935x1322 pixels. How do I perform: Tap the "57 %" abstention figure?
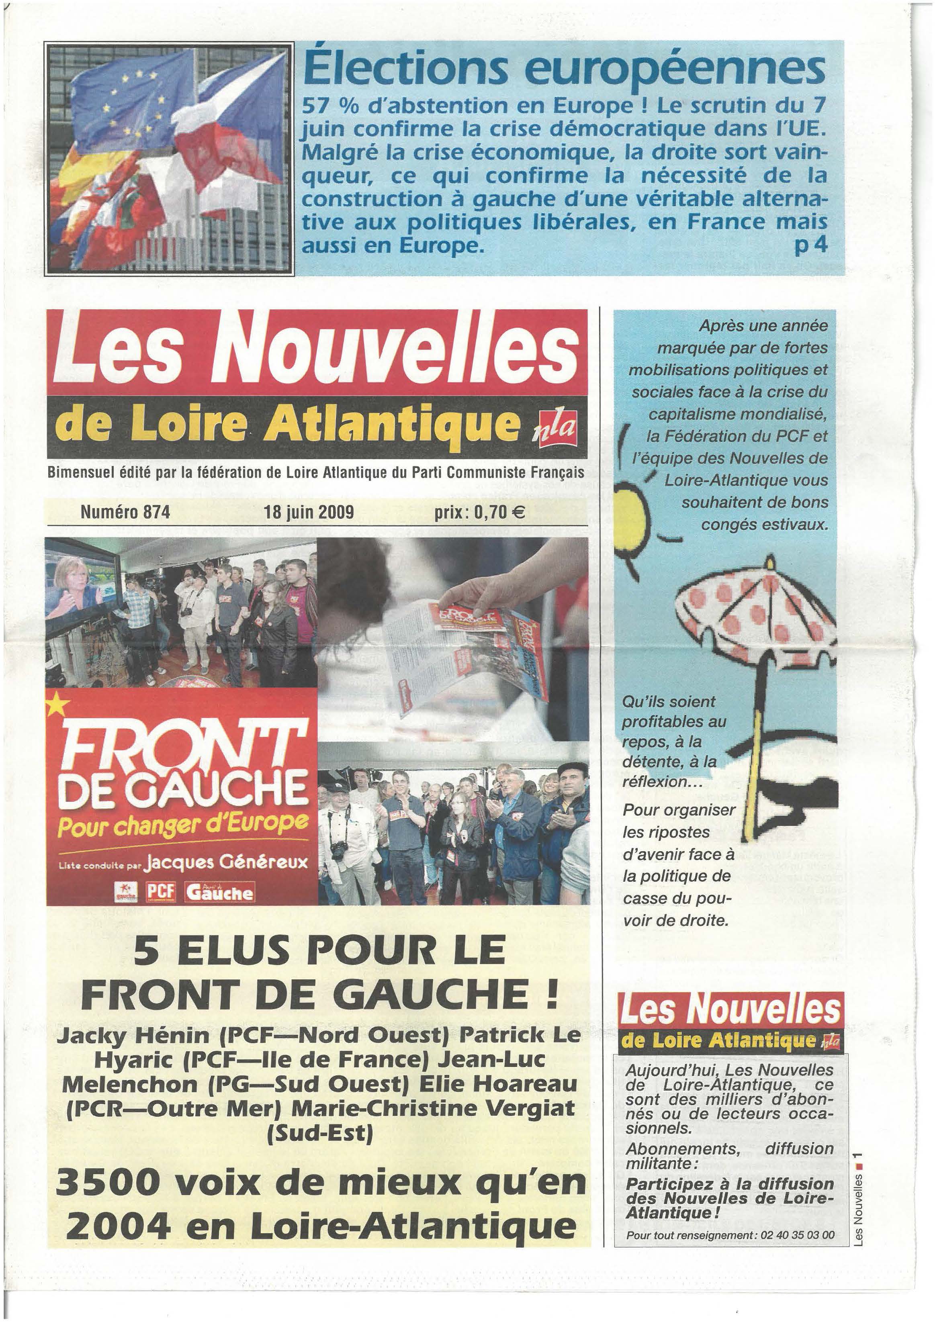(333, 106)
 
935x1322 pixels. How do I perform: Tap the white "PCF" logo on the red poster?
(161, 892)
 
